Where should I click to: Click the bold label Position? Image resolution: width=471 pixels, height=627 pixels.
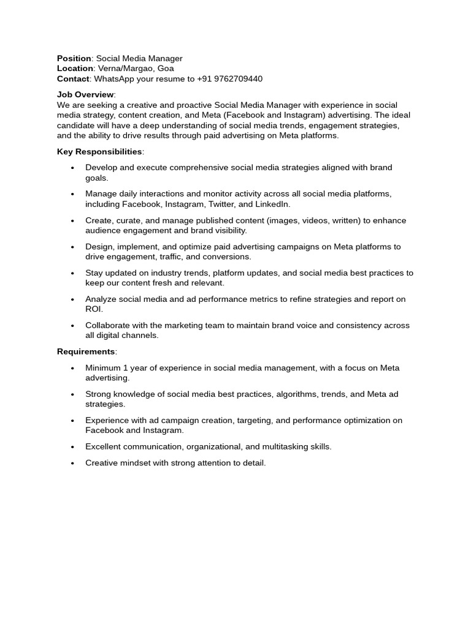[74, 59]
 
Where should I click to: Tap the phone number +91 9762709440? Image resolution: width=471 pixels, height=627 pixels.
[230, 79]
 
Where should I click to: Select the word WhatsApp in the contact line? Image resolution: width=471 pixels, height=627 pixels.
[115, 79]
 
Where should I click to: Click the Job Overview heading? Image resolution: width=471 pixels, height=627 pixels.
[85, 95]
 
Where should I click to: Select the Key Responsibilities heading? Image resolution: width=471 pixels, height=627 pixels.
[99, 152]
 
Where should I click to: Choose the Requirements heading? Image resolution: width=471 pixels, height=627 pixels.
[86, 352]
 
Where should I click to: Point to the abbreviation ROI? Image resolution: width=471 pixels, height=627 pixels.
[93, 309]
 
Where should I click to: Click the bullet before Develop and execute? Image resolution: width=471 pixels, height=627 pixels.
[72, 168]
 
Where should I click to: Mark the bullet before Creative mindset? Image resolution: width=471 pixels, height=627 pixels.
[72, 464]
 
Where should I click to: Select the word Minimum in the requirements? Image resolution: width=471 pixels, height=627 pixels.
[103, 368]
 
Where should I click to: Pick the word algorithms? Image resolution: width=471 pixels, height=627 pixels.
[297, 394]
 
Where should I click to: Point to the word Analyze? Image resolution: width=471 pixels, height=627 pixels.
[101, 299]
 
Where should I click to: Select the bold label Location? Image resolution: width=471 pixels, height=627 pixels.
[75, 69]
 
